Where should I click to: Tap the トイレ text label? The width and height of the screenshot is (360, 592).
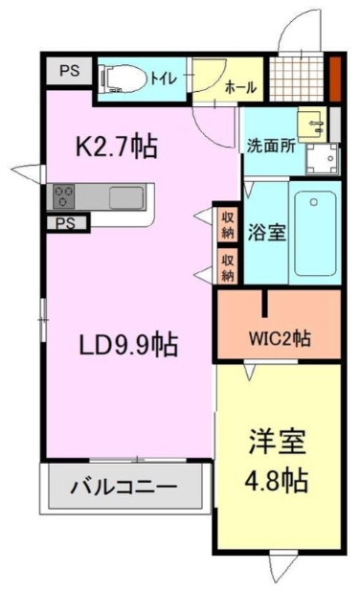point(165,80)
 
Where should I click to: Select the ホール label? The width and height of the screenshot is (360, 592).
point(240,87)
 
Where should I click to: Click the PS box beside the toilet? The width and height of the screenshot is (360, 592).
point(67,71)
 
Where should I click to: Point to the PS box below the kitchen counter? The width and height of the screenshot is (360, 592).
point(66,223)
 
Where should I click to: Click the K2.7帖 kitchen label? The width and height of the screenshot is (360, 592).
point(117,148)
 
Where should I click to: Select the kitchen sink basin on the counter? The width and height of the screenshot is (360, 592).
point(125,197)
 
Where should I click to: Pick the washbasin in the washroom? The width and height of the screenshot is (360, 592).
point(312,124)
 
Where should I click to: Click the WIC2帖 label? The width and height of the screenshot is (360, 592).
point(279,337)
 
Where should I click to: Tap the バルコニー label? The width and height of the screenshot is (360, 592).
point(124,488)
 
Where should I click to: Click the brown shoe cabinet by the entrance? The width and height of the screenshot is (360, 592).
point(335,80)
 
